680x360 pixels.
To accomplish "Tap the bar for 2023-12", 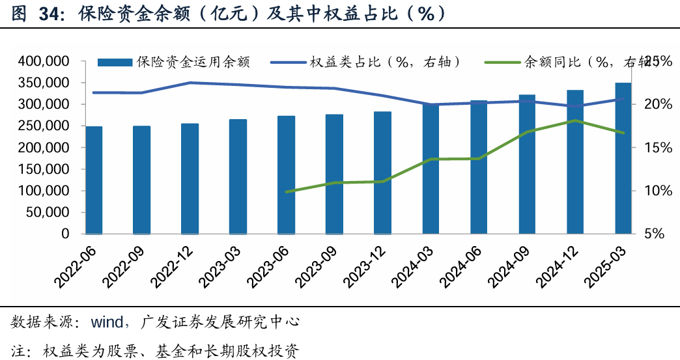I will point(383,173).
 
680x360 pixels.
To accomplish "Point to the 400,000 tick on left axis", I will point(47,61).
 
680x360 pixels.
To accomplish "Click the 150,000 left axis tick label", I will point(47,169).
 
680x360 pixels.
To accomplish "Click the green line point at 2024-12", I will point(575,121).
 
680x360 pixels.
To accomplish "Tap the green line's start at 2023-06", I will point(287,192).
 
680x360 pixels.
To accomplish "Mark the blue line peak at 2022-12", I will point(190,83).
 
